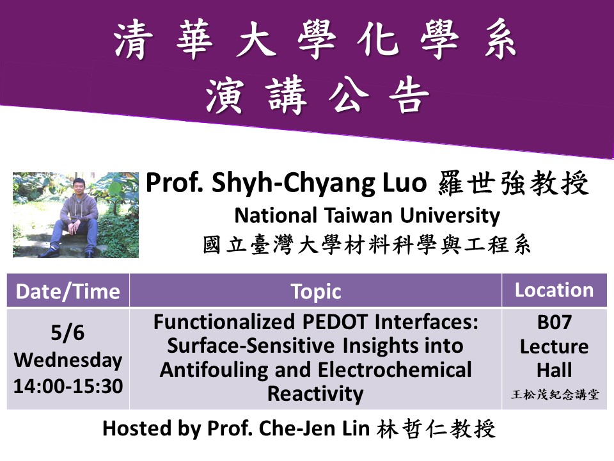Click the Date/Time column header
pyautogui.click(x=68, y=292)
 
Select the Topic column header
pyautogui.click(x=316, y=292)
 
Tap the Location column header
pyautogui.click(x=554, y=290)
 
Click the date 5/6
pyautogui.click(x=67, y=333)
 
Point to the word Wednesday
pyautogui.click(x=68, y=360)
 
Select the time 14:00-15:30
pyautogui.click(x=68, y=386)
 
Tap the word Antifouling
pyautogui.click(x=214, y=370)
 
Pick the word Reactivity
pyautogui.click(x=315, y=394)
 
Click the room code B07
pyautogui.click(x=554, y=322)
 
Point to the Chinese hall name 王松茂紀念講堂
pyautogui.click(x=555, y=394)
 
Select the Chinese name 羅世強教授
pyautogui.click(x=514, y=183)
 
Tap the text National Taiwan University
pyautogui.click(x=367, y=216)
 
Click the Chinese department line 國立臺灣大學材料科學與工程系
pyautogui.click(x=367, y=246)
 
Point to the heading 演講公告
pyautogui.click(x=318, y=95)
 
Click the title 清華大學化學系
pyautogui.click(x=315, y=40)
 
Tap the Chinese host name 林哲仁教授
pyautogui.click(x=436, y=428)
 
